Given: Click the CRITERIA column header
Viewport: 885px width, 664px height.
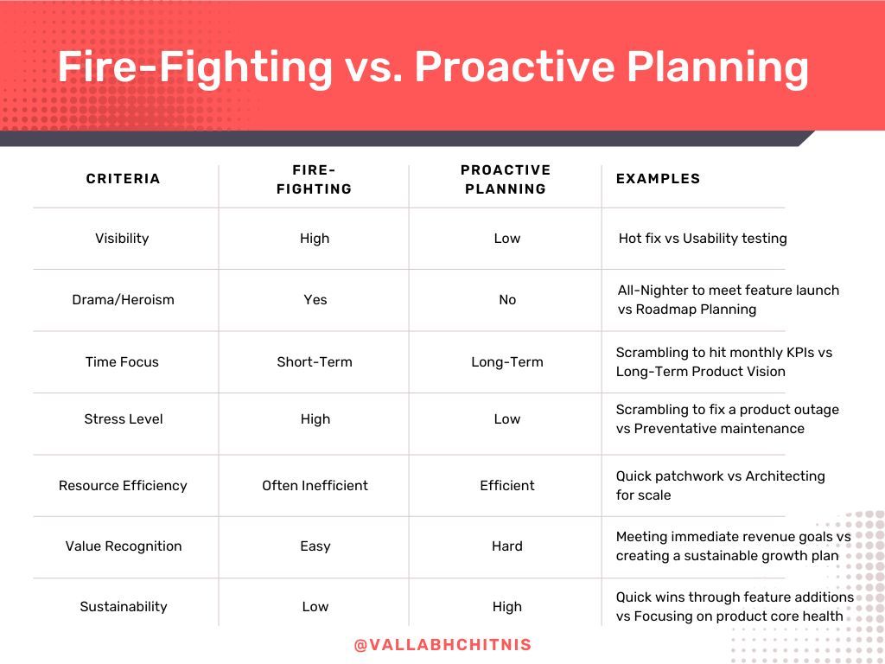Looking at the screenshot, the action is pos(123,178).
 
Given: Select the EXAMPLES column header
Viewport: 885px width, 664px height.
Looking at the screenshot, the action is pos(658,178).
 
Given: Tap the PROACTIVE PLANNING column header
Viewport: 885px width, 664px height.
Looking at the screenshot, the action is pos(506,180).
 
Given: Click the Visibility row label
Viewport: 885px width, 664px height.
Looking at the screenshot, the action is pos(122,239).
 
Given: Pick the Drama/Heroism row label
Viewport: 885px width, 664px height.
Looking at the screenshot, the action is pos(123,300).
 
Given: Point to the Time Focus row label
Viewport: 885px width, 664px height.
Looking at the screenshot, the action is pos(122,362).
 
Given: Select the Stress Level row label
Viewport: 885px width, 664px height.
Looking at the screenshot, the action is pos(124,419).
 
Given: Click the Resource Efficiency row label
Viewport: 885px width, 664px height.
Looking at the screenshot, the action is pos(123,486).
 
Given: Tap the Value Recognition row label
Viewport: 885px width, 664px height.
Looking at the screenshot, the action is pos(124,546).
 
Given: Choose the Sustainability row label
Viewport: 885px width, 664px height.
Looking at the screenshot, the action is pos(124,606).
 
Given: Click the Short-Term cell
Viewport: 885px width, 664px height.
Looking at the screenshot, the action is pos(315,362).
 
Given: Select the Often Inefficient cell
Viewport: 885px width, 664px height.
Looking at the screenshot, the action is pos(315,486).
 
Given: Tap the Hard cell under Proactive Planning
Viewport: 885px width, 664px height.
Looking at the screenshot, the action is pos(507,546).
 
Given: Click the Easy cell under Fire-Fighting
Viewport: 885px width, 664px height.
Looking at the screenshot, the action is pos(315,546).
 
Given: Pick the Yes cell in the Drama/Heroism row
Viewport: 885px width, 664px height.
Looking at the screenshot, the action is pos(315,300).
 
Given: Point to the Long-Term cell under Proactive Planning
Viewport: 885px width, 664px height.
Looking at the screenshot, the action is pos(507,362).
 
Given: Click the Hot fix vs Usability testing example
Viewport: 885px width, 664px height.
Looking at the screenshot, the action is pos(703,239).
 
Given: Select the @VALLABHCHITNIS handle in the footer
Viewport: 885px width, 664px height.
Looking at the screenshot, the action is pos(443,645).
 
